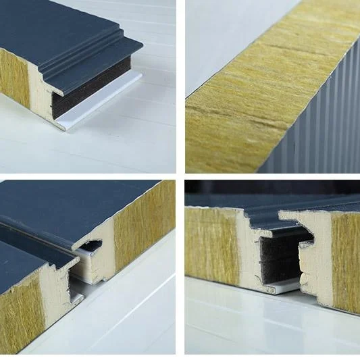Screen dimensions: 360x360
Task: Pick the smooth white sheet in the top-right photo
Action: pos(223,41)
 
